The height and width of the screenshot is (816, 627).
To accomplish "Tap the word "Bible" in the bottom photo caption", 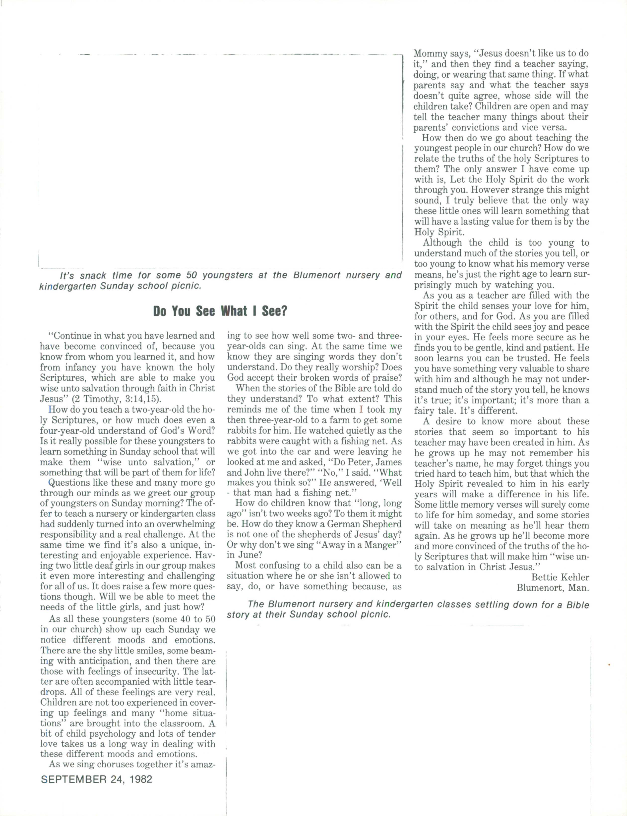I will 577,604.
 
